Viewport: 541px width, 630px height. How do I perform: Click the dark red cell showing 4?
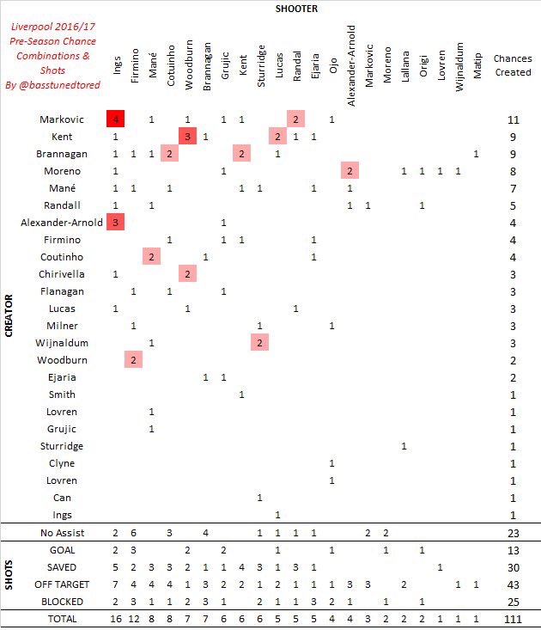(x=116, y=119)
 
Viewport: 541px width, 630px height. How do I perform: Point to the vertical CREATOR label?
(x=9, y=317)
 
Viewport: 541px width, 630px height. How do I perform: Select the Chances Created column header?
(x=513, y=65)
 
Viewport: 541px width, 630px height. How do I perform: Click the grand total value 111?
(x=513, y=618)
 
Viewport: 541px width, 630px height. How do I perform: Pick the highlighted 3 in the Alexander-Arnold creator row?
(x=116, y=223)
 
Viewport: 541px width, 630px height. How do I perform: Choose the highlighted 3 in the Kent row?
(x=187, y=137)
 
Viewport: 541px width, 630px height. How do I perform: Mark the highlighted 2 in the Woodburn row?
(x=133, y=360)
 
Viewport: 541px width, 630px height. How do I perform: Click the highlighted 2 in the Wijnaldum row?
(x=259, y=343)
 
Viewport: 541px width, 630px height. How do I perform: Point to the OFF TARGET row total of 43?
(x=513, y=584)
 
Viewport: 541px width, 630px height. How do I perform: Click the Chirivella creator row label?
(x=63, y=274)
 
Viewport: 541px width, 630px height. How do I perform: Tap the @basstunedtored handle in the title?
(x=53, y=85)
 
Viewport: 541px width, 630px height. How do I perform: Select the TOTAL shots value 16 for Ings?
(x=116, y=618)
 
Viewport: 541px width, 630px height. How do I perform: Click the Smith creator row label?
(x=63, y=395)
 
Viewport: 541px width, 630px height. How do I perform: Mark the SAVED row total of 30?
(x=513, y=566)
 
